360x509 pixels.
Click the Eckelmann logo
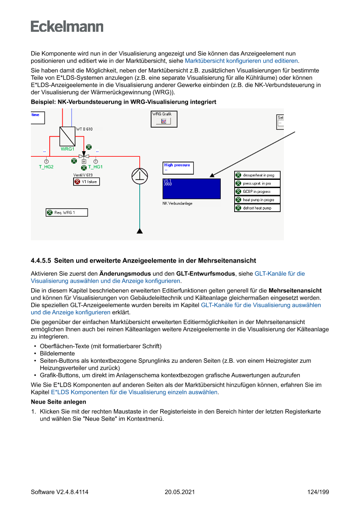(x=67, y=27)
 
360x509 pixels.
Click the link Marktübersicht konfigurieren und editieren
(x=242, y=61)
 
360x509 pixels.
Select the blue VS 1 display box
(x=192, y=189)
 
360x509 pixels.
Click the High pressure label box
(x=178, y=168)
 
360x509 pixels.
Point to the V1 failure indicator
(x=86, y=182)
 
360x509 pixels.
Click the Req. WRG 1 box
(x=67, y=212)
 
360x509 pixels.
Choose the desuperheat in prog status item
(x=257, y=175)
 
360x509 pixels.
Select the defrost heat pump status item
(x=257, y=208)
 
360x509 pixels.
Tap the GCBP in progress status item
(x=257, y=192)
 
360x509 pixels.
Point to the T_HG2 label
(x=46, y=167)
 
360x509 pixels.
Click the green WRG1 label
(x=67, y=149)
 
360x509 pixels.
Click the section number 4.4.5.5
(x=41, y=261)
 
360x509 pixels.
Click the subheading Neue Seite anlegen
(x=58, y=402)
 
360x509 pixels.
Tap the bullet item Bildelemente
(x=57, y=354)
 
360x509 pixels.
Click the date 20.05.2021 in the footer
(x=180, y=492)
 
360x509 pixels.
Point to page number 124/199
(x=318, y=492)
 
